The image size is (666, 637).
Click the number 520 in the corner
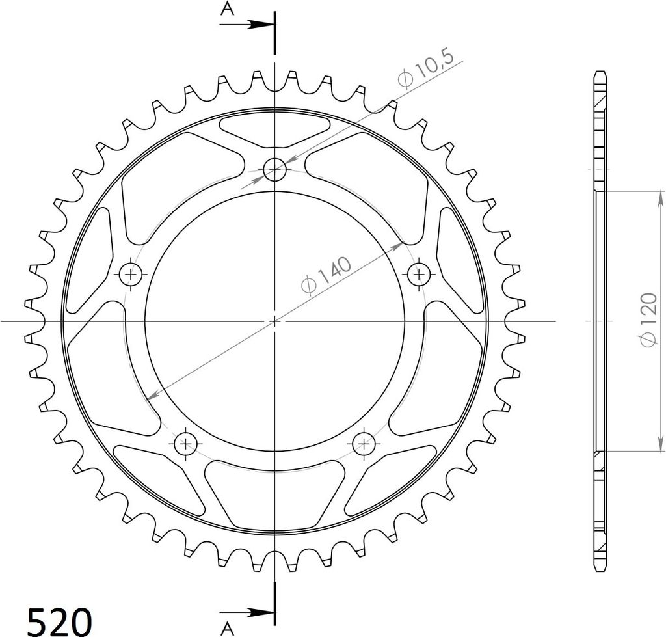click(59, 621)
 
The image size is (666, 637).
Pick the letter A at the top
click(227, 9)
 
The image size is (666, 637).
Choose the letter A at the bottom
click(227, 628)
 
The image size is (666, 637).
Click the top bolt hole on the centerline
click(275, 169)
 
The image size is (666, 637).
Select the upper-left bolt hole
click(131, 275)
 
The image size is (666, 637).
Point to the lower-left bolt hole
click(186, 444)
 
